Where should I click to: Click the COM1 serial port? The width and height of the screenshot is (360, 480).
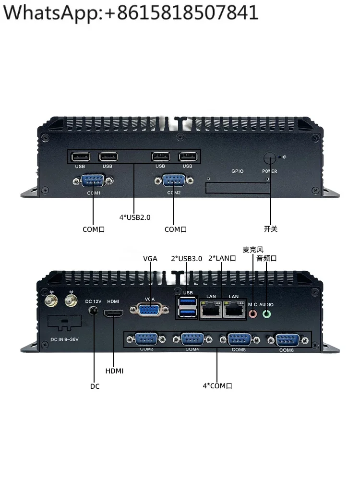pos(93,181)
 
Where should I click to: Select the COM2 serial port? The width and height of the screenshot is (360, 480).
pos(174,181)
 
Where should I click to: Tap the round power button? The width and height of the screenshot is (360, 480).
pos(270,159)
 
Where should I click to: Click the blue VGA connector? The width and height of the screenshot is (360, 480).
pos(150,309)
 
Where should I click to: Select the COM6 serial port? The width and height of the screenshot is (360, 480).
pos(287,340)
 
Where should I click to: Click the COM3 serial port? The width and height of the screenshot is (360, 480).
pos(147,339)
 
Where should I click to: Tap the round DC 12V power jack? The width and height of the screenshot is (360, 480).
pos(95,312)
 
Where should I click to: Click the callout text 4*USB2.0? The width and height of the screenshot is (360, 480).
pos(135,217)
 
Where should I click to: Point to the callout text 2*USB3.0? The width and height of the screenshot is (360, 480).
pos(186,259)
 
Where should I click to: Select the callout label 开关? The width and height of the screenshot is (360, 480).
pos(271,229)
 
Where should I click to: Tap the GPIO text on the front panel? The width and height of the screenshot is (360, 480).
pos(238,171)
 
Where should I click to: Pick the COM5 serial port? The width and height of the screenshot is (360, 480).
pos(239,339)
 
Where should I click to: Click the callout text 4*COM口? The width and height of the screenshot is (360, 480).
pos(217,386)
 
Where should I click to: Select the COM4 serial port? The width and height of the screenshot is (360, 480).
pos(193,339)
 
